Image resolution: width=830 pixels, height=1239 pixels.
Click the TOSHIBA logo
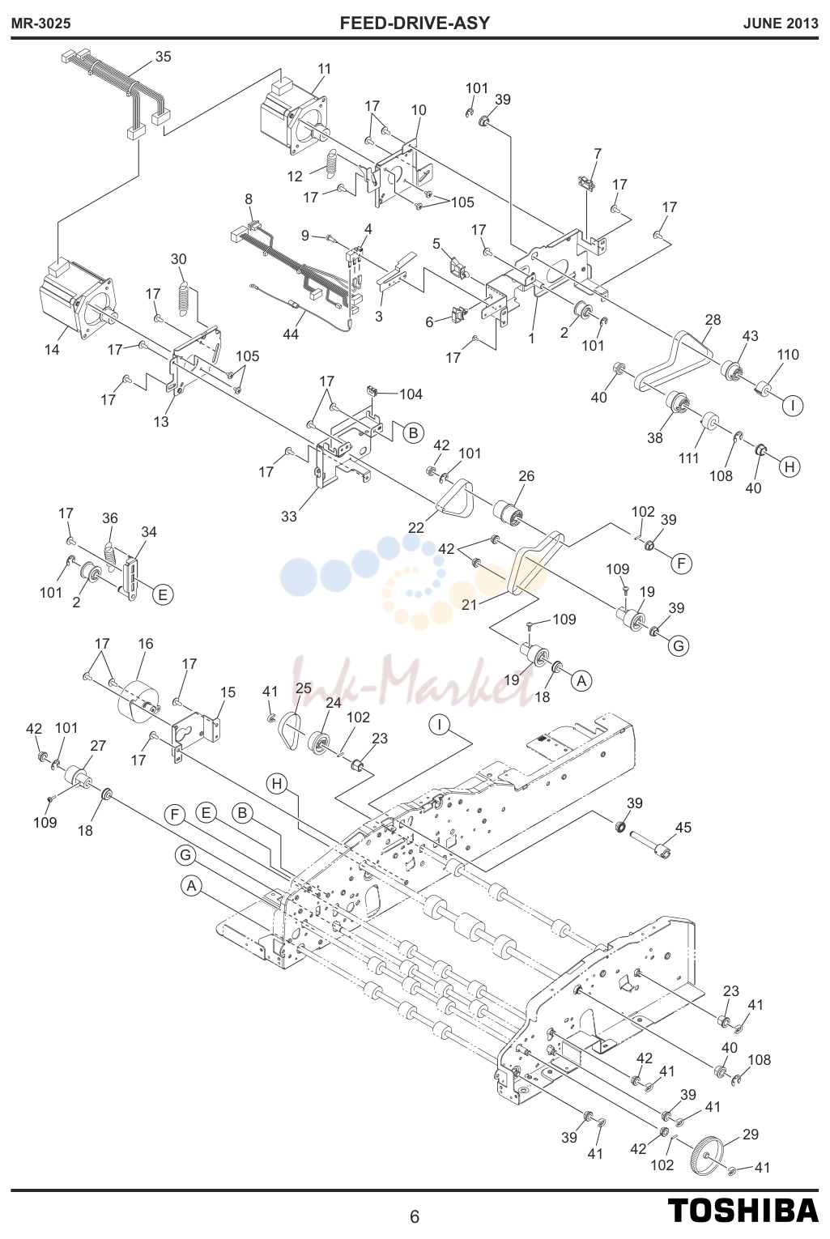point(743,1210)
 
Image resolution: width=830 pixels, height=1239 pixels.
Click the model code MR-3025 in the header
point(41,23)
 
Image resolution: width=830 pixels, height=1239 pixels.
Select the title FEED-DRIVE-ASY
point(415,23)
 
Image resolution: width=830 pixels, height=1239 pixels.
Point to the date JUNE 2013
point(781,23)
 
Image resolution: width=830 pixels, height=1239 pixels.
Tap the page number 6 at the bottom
point(415,1216)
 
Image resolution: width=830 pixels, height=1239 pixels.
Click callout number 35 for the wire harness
point(163,57)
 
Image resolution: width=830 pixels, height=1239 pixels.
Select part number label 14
point(52,349)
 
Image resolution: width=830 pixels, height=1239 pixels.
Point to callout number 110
point(788,354)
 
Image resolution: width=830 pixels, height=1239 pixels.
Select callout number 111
point(689,458)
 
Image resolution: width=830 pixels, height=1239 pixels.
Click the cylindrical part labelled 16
point(139,699)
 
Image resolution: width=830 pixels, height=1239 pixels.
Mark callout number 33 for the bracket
point(288,516)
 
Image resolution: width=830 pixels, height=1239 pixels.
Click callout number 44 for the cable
point(291,334)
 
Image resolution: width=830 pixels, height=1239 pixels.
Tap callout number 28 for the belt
point(713,319)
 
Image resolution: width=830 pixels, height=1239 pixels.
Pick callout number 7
point(598,153)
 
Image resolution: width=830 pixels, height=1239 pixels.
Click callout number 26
point(526,475)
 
